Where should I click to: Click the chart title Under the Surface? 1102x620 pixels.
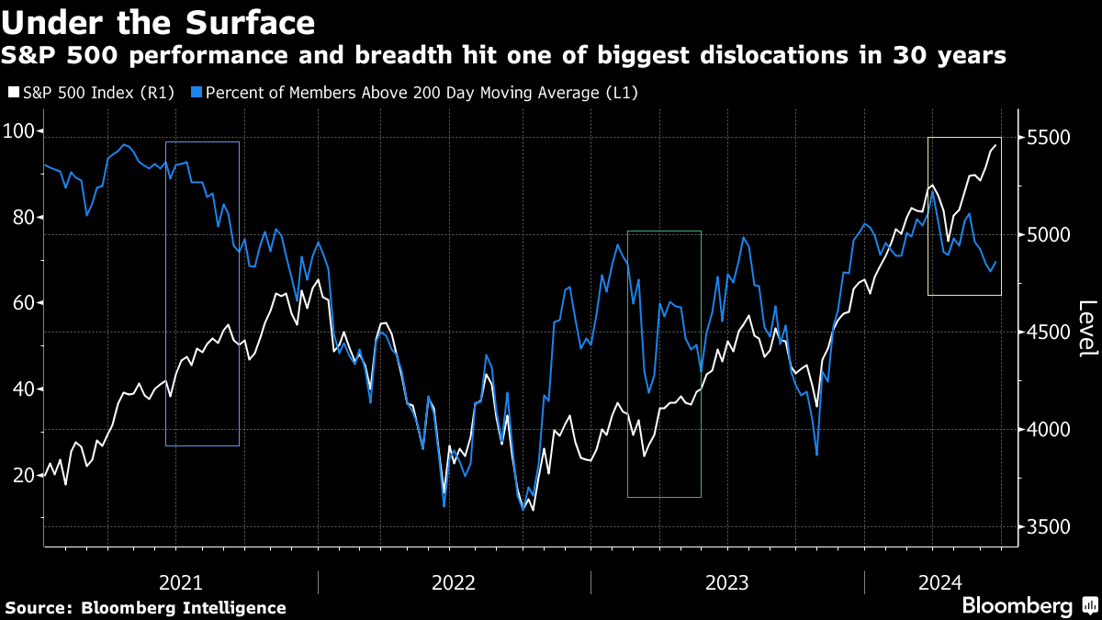159,22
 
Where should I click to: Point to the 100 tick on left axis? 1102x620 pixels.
19,131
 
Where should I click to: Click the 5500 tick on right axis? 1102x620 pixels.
1049,138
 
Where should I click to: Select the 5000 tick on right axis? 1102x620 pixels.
1049,235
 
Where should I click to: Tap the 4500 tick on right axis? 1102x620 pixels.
1049,333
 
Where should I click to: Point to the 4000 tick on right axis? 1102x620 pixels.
1049,430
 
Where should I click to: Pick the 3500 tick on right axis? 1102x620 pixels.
1049,527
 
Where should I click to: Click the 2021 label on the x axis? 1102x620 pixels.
181,582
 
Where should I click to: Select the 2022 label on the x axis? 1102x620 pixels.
454,582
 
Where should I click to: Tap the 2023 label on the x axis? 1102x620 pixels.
726,582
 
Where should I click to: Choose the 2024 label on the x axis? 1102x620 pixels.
940,582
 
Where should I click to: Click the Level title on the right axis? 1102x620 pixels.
1087,329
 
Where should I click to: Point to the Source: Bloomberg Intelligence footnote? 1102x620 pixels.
145,608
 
